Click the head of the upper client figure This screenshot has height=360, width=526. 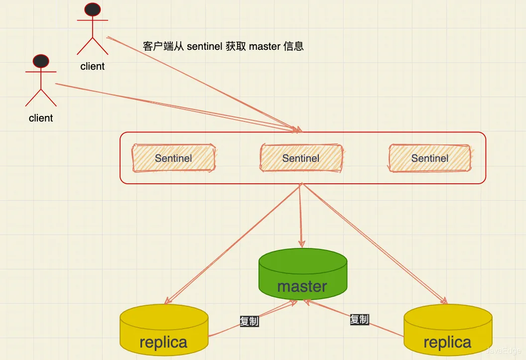(x=93, y=9)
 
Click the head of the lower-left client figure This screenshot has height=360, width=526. (x=41, y=61)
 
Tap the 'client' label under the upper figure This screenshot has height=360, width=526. (x=93, y=66)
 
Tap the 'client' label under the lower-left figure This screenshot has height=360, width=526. (x=41, y=118)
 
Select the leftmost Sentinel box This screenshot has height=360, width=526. (x=173, y=158)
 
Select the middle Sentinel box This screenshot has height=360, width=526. (x=301, y=158)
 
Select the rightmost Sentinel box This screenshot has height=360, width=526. (x=429, y=158)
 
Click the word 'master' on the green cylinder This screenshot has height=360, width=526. (x=302, y=287)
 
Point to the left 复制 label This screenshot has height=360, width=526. (x=249, y=321)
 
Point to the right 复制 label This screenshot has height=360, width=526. (x=359, y=319)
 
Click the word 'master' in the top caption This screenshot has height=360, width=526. (x=264, y=47)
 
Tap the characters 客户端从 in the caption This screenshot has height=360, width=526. (x=163, y=47)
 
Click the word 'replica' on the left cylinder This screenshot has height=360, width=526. (x=164, y=342)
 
